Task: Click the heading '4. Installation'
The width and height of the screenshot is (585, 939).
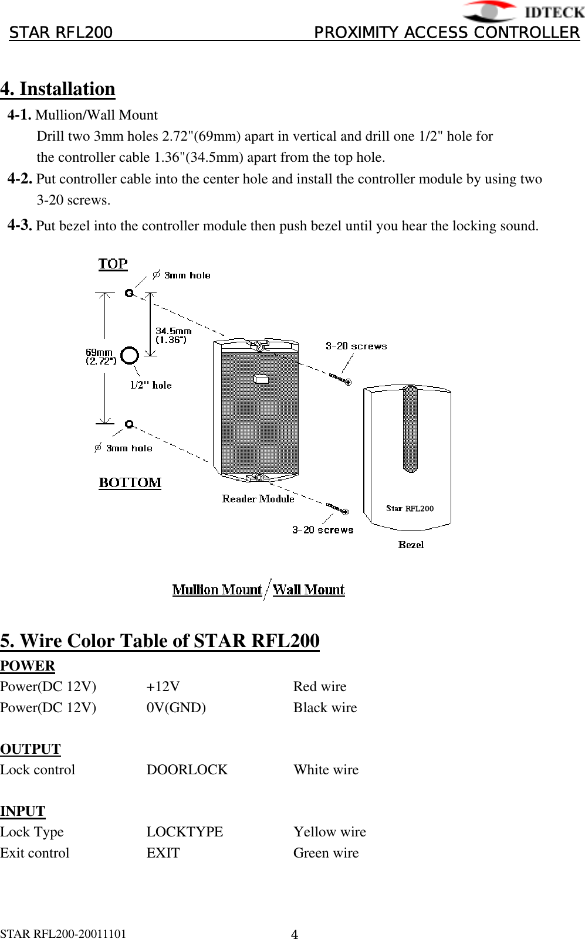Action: tap(58, 89)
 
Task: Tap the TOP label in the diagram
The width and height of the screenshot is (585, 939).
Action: tap(113, 264)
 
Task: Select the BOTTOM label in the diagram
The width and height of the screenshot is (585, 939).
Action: tap(130, 483)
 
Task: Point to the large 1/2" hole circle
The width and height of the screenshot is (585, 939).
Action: tap(129, 355)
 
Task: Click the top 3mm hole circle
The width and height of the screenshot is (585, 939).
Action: tap(129, 293)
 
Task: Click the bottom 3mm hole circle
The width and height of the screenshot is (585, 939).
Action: tap(129, 424)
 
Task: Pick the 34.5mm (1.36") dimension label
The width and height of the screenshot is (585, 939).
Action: tap(173, 335)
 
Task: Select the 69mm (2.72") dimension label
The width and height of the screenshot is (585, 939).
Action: tap(100, 356)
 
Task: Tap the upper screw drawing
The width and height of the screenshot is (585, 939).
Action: tap(340, 379)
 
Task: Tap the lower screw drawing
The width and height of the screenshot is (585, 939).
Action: tap(337, 508)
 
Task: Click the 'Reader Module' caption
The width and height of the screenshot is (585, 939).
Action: tap(258, 499)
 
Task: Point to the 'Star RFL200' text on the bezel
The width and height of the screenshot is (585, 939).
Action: tap(410, 508)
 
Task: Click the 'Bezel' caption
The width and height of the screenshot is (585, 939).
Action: tap(411, 545)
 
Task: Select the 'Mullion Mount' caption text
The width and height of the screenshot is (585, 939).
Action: tap(217, 590)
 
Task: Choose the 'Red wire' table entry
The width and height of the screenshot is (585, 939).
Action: tap(320, 686)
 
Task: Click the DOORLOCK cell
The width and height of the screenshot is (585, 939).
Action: tap(187, 770)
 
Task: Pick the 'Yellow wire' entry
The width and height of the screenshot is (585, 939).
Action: tap(330, 832)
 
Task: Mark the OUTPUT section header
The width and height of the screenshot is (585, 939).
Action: tap(31, 749)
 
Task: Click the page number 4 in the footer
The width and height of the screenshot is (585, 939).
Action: tap(295, 934)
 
